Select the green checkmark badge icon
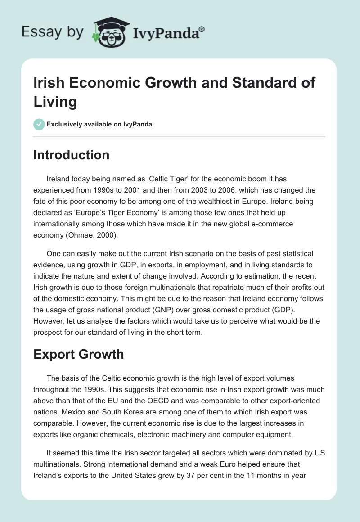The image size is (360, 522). [x=40, y=124]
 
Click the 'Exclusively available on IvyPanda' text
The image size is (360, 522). [x=99, y=124]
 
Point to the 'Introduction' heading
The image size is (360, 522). [x=72, y=155]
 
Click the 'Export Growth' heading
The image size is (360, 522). [x=79, y=354]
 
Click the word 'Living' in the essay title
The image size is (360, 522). [x=55, y=102]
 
